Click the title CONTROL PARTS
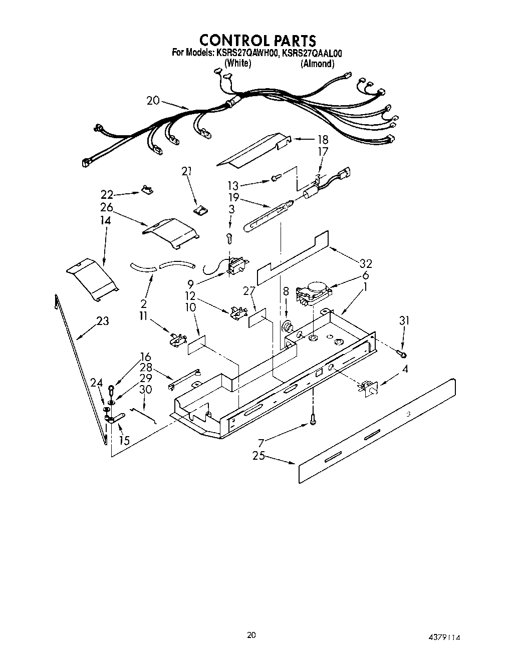tap(257, 40)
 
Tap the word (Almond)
tap(317, 64)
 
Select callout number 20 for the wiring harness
tap(153, 101)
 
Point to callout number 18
tap(323, 140)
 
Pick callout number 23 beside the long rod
tap(102, 320)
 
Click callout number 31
tap(404, 320)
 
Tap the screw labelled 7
tap(313, 418)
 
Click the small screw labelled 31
tap(403, 355)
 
